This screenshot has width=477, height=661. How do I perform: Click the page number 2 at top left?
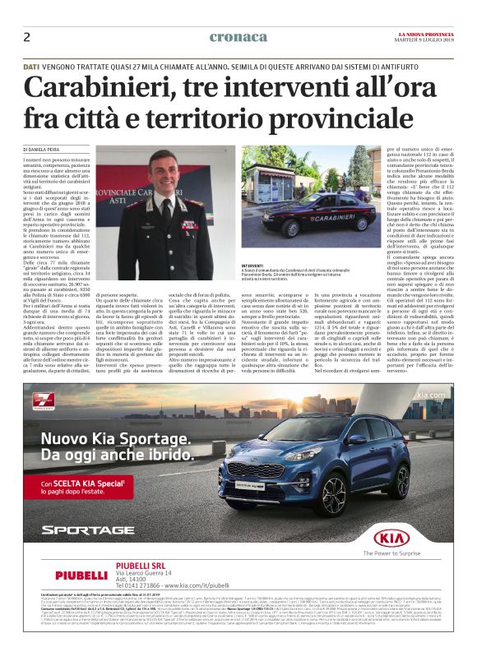[x=26, y=37]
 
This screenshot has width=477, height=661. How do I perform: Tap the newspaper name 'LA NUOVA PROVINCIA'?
[x=424, y=32]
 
